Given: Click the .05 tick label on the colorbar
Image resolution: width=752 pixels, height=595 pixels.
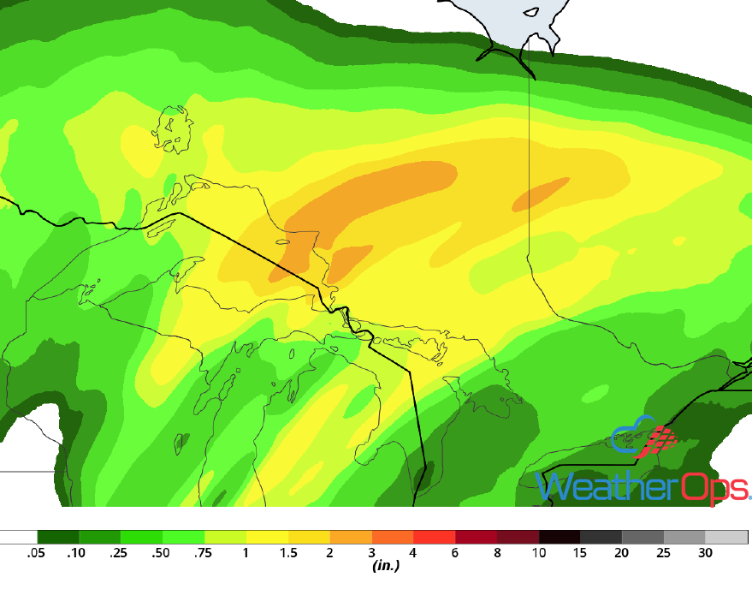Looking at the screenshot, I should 36,553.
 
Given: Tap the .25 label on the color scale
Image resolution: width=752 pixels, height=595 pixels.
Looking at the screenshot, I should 120,553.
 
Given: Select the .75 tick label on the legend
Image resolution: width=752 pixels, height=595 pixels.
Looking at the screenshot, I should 204,553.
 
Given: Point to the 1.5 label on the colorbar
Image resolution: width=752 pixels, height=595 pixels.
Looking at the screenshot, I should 287,553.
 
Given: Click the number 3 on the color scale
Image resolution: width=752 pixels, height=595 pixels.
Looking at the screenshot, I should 371,553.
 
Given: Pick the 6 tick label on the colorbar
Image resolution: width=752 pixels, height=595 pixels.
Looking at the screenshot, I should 455,553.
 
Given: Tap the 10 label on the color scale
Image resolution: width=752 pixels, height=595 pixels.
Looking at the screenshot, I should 539,553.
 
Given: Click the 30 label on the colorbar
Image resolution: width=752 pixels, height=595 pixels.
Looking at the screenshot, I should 705,553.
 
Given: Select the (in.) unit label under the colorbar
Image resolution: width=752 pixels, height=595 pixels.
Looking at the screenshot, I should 387,566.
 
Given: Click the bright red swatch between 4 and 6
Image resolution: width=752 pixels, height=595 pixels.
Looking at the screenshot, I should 434,537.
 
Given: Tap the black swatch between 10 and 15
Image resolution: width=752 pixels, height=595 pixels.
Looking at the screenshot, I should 560,537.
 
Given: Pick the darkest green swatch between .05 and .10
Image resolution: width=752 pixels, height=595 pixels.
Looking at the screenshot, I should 57,537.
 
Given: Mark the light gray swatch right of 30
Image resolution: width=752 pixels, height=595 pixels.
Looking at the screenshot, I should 726,537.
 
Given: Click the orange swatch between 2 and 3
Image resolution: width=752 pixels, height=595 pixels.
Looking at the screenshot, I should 350,537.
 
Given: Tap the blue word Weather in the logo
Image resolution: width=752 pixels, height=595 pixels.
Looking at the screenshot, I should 607,487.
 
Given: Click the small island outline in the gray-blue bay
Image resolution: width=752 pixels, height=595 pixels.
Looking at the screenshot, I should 531,13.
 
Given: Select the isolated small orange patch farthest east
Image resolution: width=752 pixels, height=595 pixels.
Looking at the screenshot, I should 541,194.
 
